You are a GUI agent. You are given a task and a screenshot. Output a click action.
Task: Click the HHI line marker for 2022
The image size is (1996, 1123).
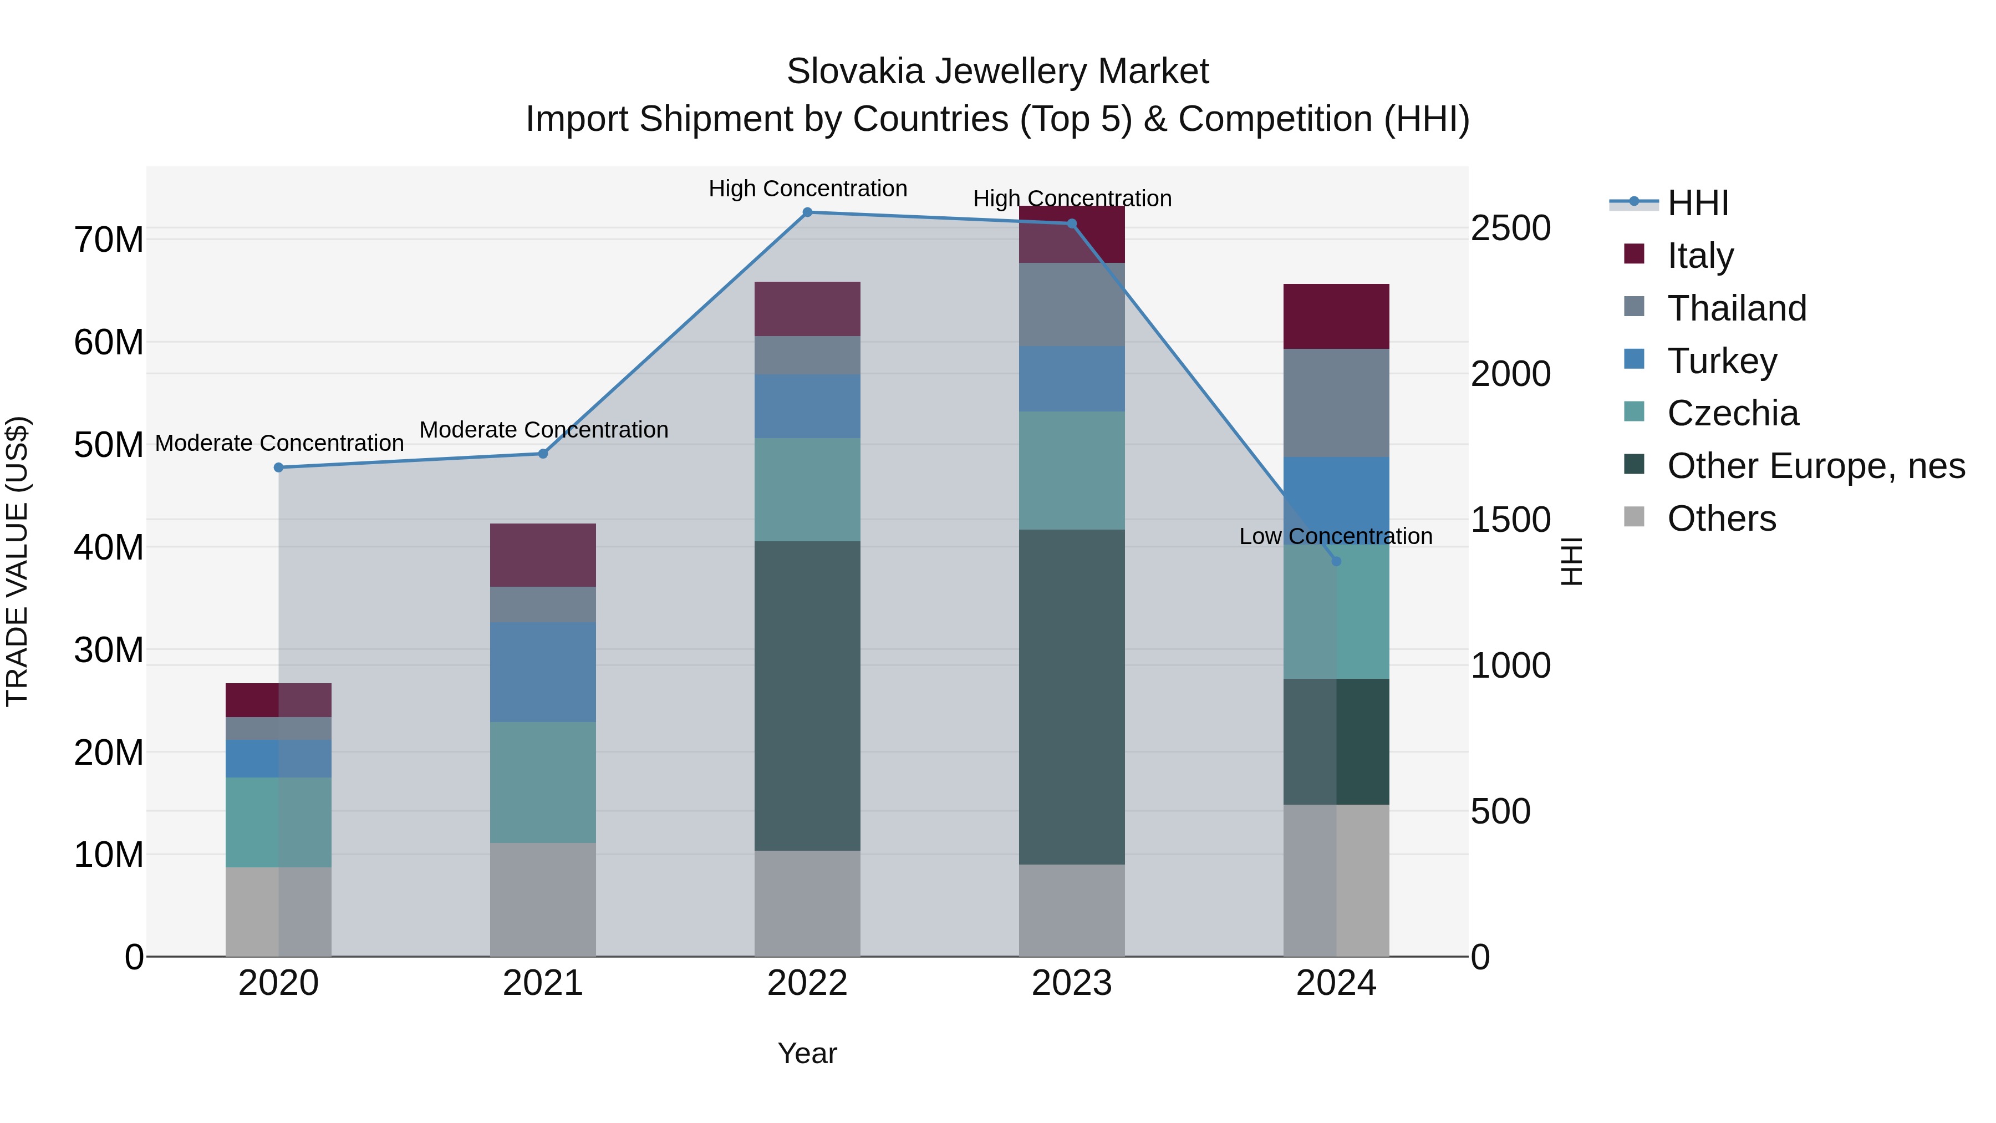point(807,212)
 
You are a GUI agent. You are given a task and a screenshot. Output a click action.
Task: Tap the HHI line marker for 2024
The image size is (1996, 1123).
point(1336,561)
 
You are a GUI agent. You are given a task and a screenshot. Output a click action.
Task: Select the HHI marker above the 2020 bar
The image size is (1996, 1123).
point(279,468)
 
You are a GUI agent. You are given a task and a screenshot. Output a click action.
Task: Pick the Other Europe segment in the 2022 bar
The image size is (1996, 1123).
point(807,695)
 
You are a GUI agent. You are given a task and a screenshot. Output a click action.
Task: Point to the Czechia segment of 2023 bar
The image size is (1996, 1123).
point(1072,470)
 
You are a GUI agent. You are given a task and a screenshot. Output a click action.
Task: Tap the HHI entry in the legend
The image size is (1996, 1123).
point(1698,203)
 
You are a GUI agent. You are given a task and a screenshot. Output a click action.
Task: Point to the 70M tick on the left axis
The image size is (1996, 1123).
point(109,240)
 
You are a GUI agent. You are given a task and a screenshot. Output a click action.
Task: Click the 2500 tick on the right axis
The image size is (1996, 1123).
point(1510,228)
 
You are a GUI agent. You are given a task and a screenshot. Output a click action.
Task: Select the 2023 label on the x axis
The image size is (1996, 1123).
point(1072,983)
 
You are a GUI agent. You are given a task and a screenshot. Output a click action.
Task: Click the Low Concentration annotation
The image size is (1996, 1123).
point(1335,536)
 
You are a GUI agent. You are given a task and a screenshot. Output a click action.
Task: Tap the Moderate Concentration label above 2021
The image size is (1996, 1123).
point(543,430)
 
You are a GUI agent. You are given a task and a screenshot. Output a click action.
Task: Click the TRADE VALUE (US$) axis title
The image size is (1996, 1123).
point(18,561)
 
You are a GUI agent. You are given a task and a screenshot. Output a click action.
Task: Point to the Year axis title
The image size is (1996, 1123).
point(807,1053)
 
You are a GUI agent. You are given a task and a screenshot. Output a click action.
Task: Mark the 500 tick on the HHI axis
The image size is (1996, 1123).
point(1500,811)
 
